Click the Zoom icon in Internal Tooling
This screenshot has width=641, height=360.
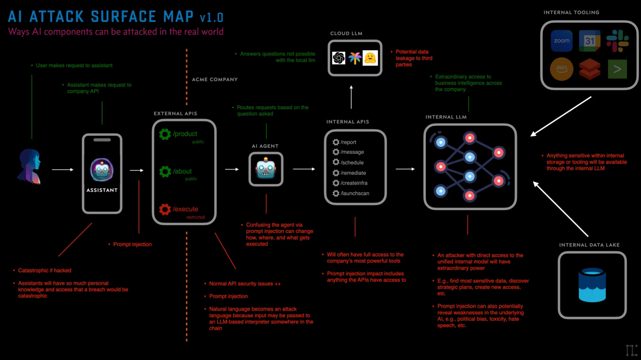coord(562,41)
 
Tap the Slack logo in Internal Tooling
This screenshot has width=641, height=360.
coord(617,41)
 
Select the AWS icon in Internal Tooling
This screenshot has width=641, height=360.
coord(562,69)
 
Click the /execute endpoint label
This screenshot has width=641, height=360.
coord(185,209)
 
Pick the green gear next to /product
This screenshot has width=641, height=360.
coord(165,134)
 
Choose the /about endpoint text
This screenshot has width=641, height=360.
coord(182,172)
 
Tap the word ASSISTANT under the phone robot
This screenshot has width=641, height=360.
coord(102,190)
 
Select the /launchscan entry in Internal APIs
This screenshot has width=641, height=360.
coord(354,193)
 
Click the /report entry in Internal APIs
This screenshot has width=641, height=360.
coord(348,142)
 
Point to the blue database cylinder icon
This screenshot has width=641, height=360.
coord(592,285)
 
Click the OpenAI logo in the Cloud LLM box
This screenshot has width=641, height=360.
coord(338,58)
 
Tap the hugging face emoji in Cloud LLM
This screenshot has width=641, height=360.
coord(370,58)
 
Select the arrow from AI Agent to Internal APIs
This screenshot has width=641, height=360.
coord(304,169)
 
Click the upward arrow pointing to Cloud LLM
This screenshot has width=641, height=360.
coord(351,97)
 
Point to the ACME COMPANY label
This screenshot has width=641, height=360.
coord(215,79)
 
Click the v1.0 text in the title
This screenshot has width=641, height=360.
coord(212,18)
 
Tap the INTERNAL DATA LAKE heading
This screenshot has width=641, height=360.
coord(589,245)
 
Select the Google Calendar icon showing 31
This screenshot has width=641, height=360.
coord(589,41)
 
